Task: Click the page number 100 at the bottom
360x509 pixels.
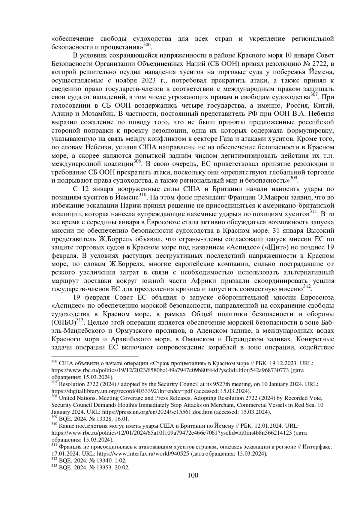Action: (193, 475)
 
